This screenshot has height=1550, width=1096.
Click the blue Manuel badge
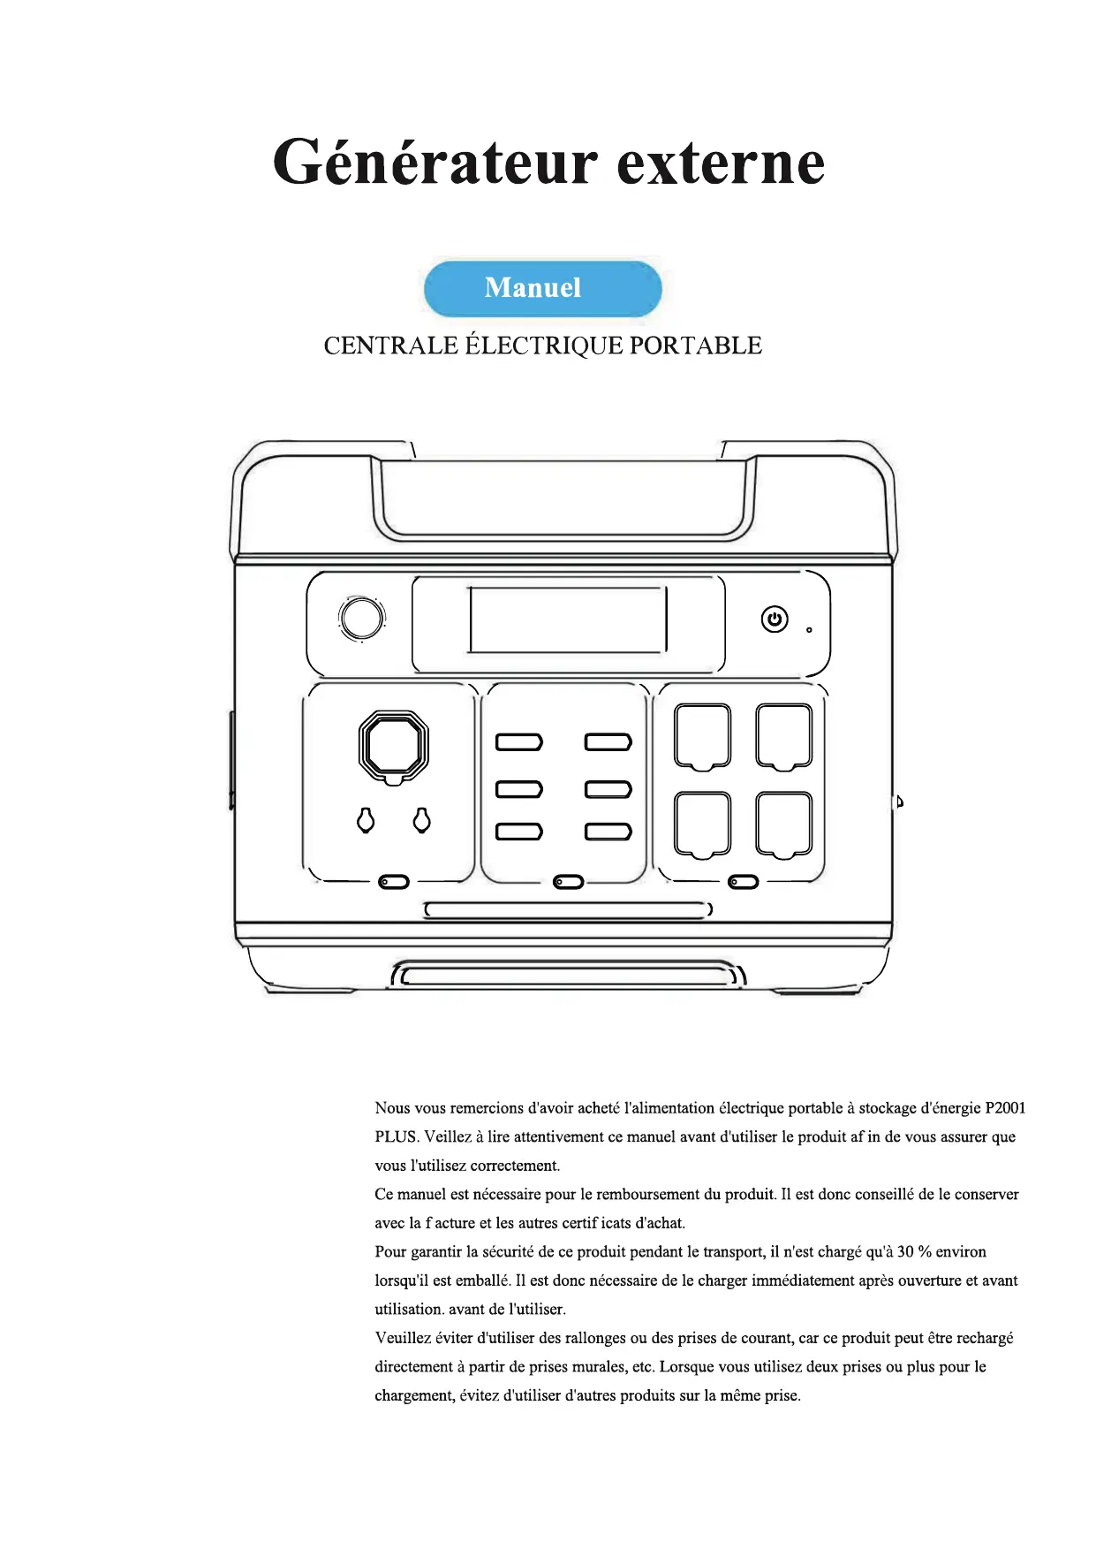tap(542, 288)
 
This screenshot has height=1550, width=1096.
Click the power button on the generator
tap(775, 619)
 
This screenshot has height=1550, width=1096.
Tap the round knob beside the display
tap(361, 619)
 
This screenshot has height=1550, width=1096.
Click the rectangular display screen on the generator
tap(567, 620)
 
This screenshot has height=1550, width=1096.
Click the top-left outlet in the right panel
tap(702, 736)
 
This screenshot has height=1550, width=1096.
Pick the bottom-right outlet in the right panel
tap(783, 824)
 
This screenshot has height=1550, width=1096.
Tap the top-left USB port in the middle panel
tap(518, 741)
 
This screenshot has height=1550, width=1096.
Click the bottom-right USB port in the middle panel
tap(608, 832)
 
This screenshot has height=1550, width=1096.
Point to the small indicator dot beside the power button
tap(809, 630)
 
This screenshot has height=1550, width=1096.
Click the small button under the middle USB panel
tap(568, 882)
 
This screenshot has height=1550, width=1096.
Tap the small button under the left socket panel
tap(394, 882)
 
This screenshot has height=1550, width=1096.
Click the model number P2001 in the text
tap(1005, 1108)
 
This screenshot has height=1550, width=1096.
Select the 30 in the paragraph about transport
tap(905, 1252)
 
